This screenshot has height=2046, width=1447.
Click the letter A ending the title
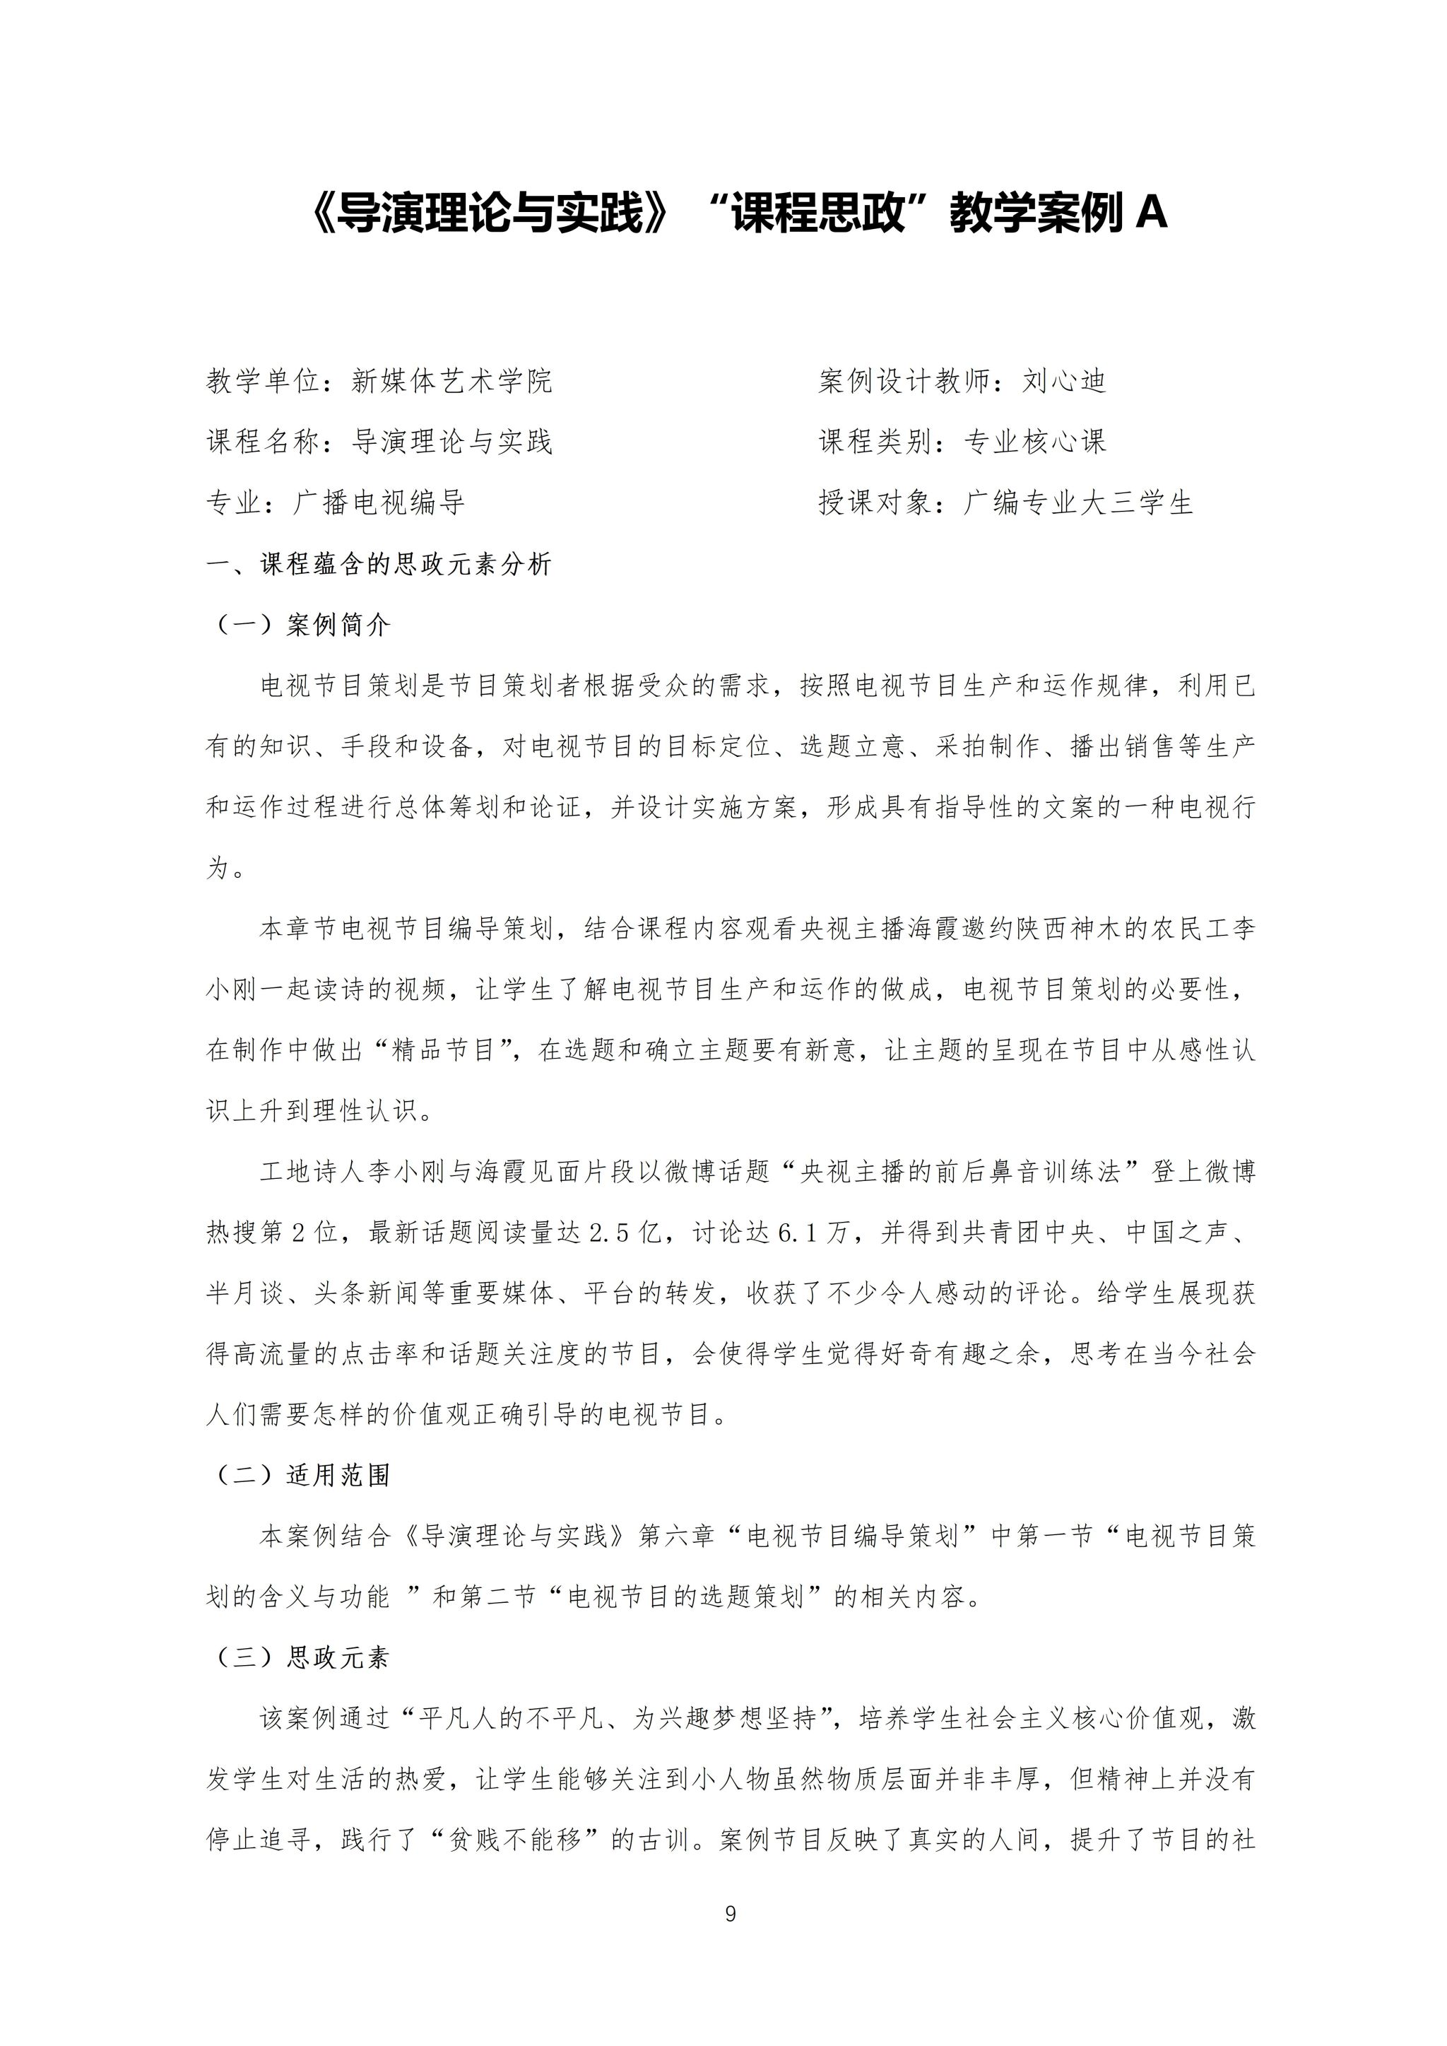click(1151, 214)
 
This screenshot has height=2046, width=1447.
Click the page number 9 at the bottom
click(731, 1913)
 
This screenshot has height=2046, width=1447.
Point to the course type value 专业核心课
click(1034, 442)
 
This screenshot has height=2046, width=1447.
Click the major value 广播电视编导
click(379, 502)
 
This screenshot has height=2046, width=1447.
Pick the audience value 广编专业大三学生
click(1078, 502)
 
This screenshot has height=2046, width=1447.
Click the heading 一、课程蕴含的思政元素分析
click(379, 564)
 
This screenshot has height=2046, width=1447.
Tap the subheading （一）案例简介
click(301, 625)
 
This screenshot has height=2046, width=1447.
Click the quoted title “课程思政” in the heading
click(818, 214)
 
